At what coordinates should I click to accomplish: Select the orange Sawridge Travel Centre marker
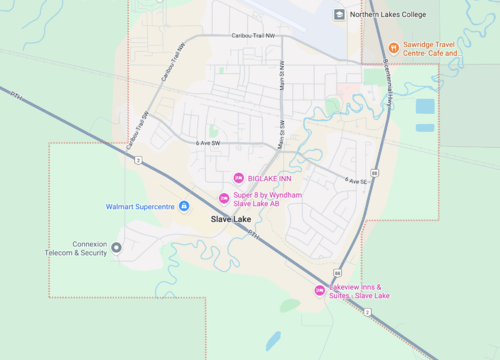pos(393,47)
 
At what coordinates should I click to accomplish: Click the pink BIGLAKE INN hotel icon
pos(237,178)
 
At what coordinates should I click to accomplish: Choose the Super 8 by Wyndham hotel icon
pos(223,197)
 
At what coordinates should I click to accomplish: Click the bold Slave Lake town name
pos(231,219)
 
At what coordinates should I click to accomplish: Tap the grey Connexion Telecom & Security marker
pos(117,247)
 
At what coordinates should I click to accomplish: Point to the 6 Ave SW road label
pos(208,144)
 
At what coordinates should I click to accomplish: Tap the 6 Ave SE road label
pos(358,181)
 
